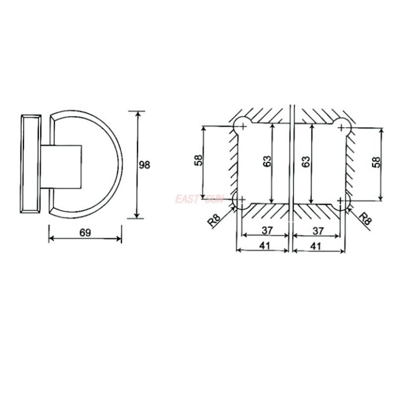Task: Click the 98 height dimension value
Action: [x=144, y=165]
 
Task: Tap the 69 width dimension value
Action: [x=85, y=232]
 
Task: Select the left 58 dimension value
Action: [x=198, y=160]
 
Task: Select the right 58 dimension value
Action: [x=376, y=162]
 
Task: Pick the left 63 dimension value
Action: [x=267, y=161]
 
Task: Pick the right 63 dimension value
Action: [x=306, y=162]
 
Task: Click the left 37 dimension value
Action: [x=267, y=230]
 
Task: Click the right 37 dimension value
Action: [x=318, y=231]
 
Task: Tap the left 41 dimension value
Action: [x=265, y=245]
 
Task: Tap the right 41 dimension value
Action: [x=316, y=246]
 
